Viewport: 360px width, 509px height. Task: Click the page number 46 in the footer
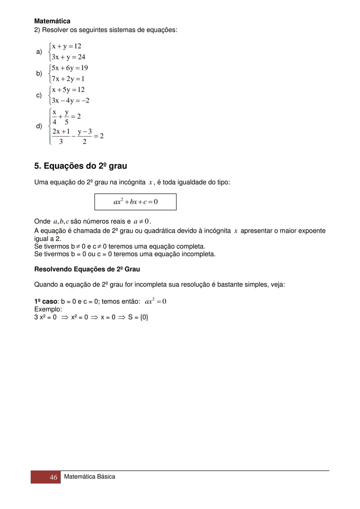53,477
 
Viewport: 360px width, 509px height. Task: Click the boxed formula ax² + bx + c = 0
135,202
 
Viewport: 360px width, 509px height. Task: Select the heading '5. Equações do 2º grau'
80,166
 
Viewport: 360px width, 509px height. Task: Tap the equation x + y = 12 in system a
66,46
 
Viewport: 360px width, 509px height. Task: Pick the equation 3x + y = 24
68,57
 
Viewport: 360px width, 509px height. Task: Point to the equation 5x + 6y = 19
70,68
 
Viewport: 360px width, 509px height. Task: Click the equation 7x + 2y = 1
68,79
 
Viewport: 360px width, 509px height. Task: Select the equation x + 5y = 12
68,90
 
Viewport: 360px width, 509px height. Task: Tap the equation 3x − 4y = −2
70,100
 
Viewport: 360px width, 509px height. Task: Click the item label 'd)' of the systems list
39,126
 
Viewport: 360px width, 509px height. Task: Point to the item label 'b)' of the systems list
39,73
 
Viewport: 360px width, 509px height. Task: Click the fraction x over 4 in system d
54,117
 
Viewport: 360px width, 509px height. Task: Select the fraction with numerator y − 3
85,136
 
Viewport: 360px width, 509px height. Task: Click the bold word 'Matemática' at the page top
52,21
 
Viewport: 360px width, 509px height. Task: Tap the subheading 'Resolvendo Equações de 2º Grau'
87,269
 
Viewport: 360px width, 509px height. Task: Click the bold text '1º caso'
46,301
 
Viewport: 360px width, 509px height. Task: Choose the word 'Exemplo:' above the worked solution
48,309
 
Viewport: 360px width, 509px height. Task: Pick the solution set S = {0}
138,317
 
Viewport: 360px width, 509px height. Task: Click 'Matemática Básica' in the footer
89,477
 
